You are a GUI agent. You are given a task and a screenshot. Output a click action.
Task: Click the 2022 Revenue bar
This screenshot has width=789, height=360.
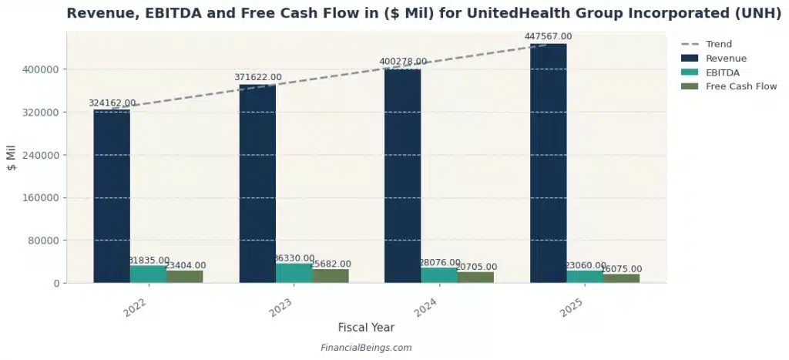pyautogui.click(x=112, y=196)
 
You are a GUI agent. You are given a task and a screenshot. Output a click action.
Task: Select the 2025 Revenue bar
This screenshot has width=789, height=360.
pyautogui.click(x=548, y=163)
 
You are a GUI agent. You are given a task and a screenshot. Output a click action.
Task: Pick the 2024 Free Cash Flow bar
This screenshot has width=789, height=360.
pyautogui.click(x=475, y=277)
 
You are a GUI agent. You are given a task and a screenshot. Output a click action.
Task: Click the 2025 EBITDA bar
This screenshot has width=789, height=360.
pyautogui.click(x=585, y=277)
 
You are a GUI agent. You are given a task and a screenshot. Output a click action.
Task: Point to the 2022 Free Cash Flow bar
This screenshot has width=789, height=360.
pyautogui.click(x=184, y=276)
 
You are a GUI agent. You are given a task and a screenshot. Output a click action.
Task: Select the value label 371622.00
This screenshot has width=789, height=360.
pyautogui.click(x=258, y=77)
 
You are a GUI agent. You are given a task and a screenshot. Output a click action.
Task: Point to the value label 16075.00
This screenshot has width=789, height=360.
pyautogui.click(x=622, y=269)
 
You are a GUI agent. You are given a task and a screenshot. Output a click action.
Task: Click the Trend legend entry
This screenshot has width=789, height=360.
pyautogui.click(x=718, y=44)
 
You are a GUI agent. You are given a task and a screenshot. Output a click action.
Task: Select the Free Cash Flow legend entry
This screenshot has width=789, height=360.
pyautogui.click(x=740, y=86)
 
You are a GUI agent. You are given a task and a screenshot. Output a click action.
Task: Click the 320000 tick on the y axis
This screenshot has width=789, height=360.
pyautogui.click(x=41, y=113)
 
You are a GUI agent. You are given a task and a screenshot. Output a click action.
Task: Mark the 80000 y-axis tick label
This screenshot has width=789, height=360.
pyautogui.click(x=44, y=241)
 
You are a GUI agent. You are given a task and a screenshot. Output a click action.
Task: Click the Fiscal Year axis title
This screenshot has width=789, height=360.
pyautogui.click(x=366, y=328)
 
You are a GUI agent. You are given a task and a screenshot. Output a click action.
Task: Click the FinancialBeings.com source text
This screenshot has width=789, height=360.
pyautogui.click(x=366, y=348)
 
